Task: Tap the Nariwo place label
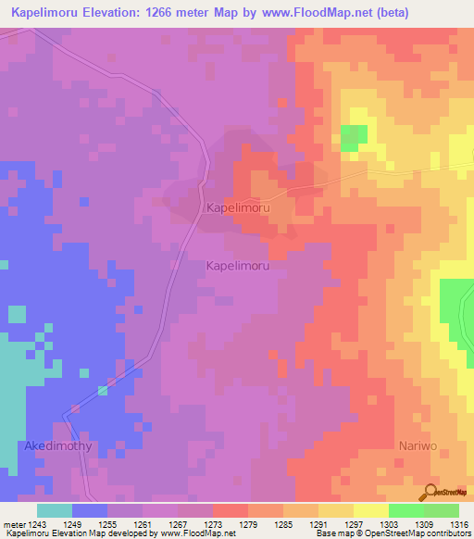click(417, 445)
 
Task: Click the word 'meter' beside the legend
click(15, 524)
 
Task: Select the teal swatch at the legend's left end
click(55, 510)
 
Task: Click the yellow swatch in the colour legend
click(370, 510)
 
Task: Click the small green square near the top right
click(352, 138)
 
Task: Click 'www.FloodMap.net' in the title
click(303, 14)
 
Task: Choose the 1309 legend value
click(405, 524)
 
